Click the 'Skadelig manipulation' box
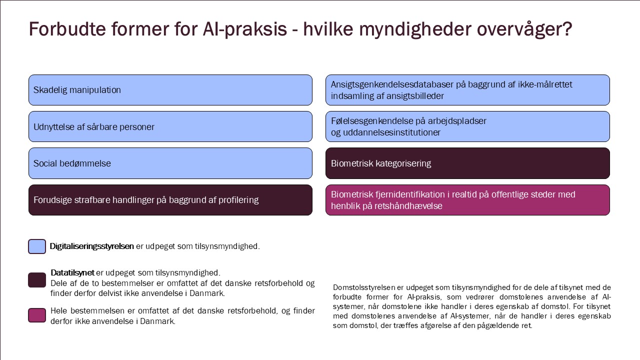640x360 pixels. [x=170, y=90]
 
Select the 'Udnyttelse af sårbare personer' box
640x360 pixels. [x=170, y=126]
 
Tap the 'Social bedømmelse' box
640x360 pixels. [x=170, y=163]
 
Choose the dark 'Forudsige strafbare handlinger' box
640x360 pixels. [x=170, y=200]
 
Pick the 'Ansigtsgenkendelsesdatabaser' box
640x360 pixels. [x=467, y=90]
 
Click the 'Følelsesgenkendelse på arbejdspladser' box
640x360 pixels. [x=467, y=126]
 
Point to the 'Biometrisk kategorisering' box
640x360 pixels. [x=467, y=163]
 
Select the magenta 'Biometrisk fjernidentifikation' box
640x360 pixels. [x=467, y=200]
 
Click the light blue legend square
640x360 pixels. [x=37, y=246]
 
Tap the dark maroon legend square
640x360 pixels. [x=37, y=280]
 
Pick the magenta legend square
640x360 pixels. [x=37, y=315]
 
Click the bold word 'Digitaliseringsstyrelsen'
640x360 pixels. [x=91, y=246]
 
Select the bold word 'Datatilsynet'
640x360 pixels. [x=72, y=273]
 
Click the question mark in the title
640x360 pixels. [x=567, y=29]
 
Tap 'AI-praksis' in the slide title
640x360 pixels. [x=244, y=29]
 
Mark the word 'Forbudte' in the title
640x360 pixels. [x=67, y=29]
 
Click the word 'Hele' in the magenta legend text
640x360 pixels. [x=59, y=311]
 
